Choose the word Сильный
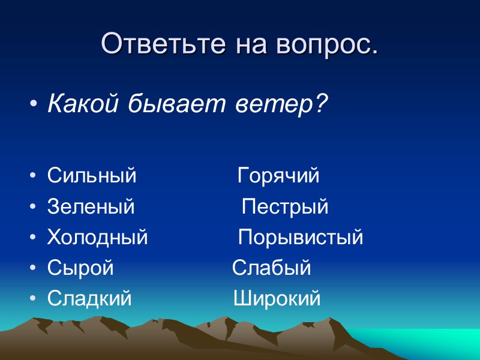(x=92, y=176)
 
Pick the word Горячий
(x=278, y=176)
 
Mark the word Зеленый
(x=91, y=207)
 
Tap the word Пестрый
(x=285, y=207)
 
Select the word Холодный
(x=97, y=238)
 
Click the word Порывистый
(x=301, y=238)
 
